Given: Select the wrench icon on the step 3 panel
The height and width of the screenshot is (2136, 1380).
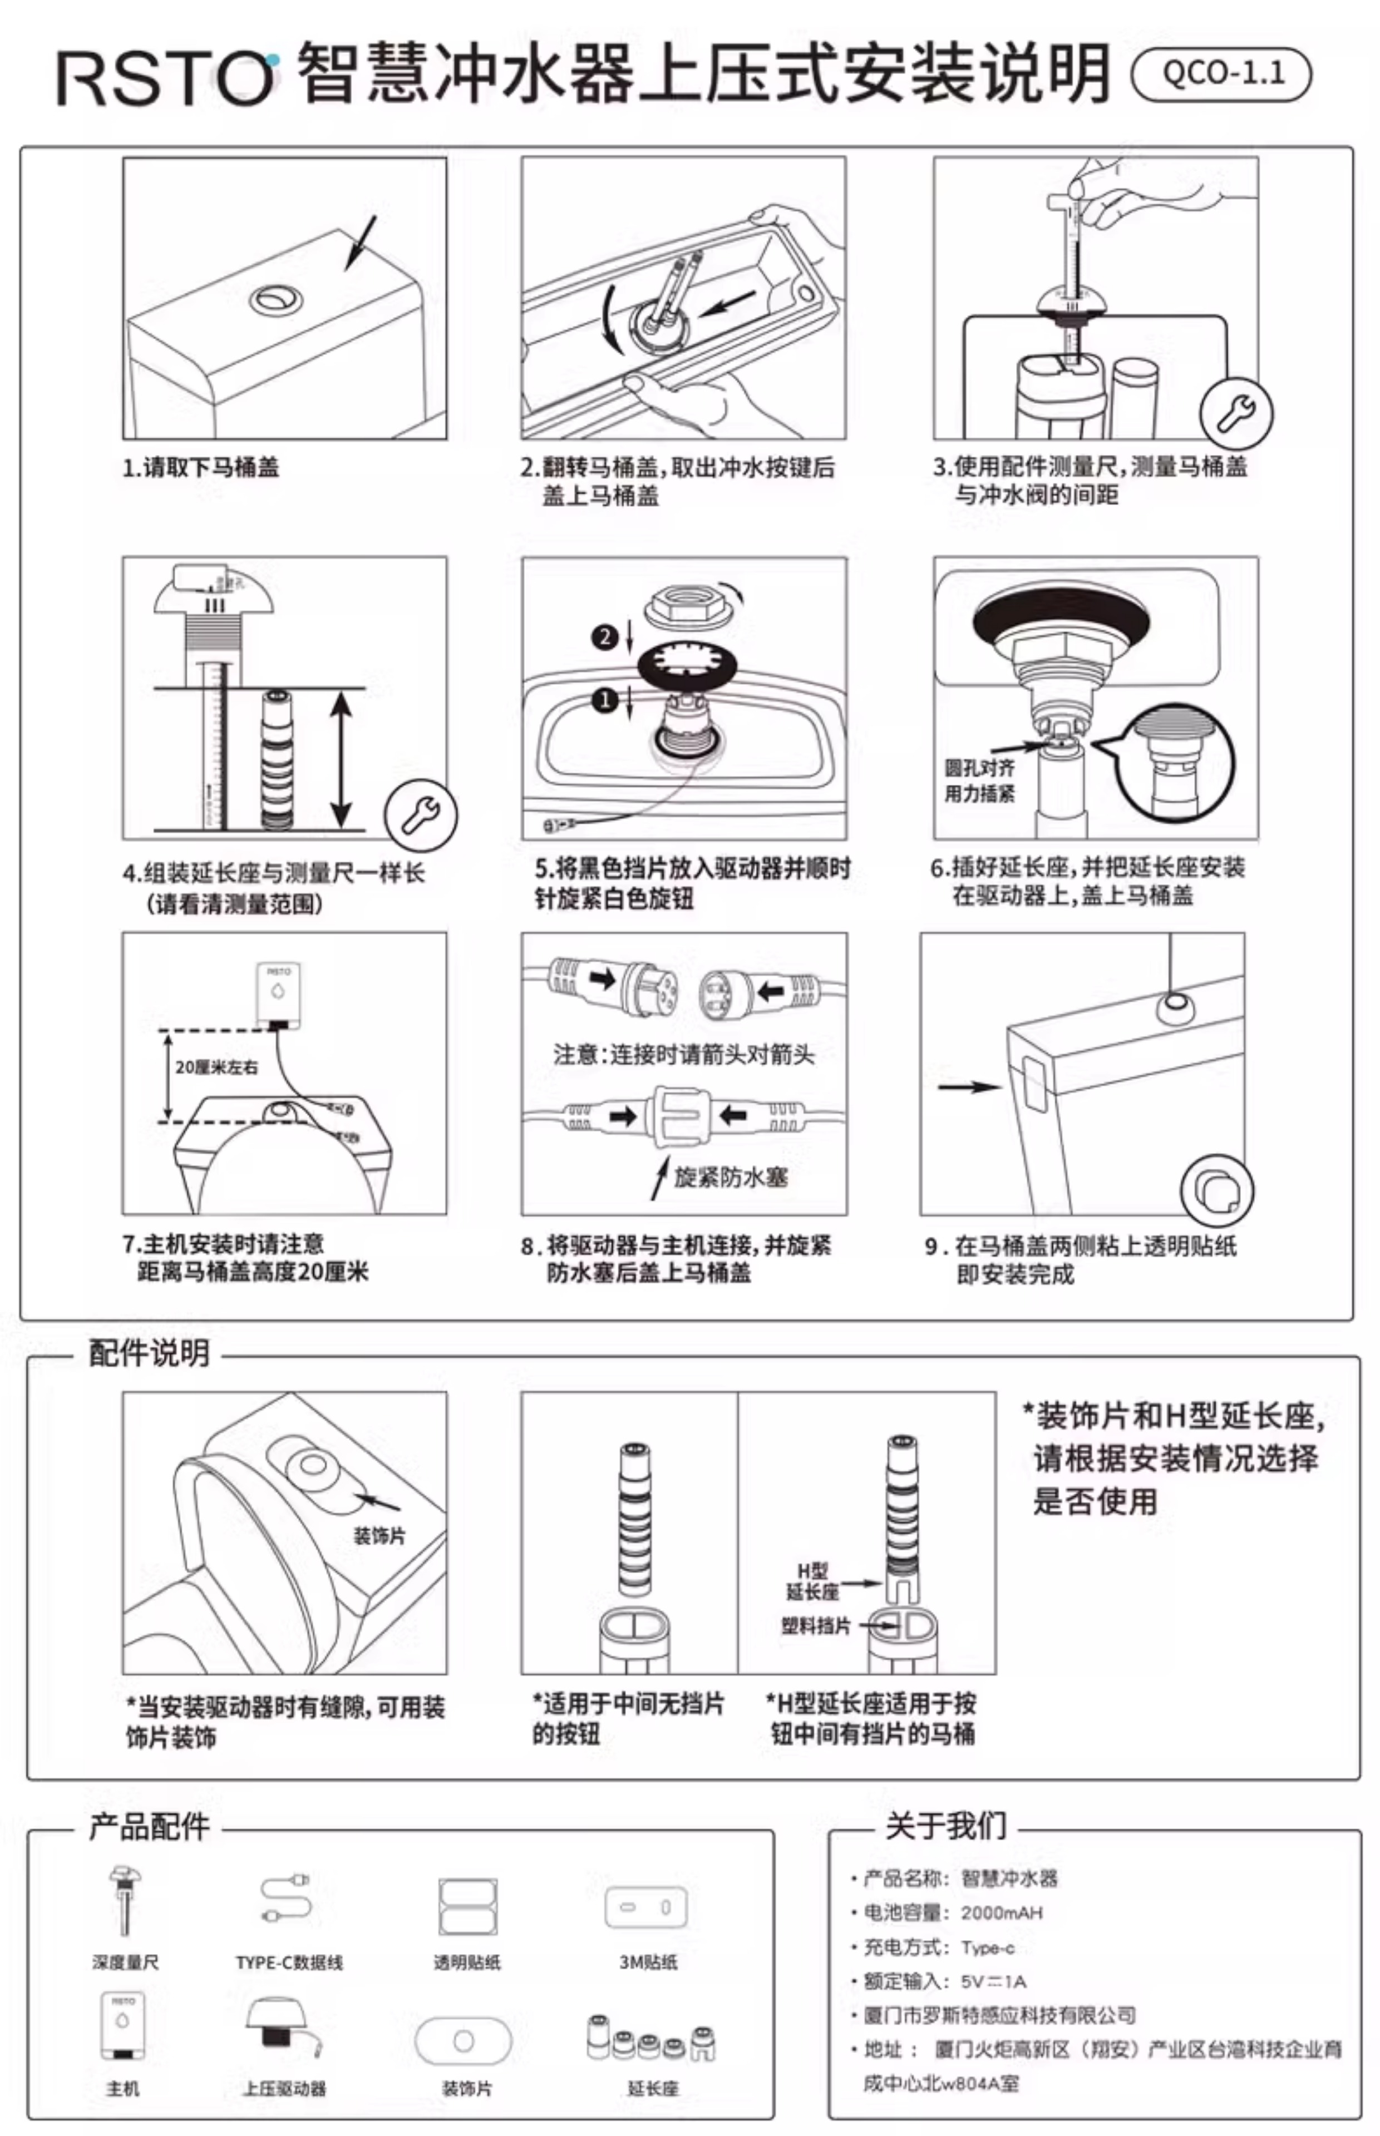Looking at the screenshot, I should tap(1236, 413).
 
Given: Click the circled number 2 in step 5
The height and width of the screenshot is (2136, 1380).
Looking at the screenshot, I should tap(605, 637).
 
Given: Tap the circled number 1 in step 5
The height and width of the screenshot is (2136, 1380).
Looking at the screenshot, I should tap(605, 699).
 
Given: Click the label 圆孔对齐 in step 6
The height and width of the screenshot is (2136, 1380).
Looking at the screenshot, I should tap(979, 768).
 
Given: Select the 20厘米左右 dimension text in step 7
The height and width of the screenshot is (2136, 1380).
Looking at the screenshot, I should tap(217, 1067).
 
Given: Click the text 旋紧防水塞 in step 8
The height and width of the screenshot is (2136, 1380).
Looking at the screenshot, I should tap(730, 1177).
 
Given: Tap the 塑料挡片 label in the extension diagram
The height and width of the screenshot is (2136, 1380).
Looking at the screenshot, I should tap(815, 1625).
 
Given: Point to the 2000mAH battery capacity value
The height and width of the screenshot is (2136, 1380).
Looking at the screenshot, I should tap(1001, 1913).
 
